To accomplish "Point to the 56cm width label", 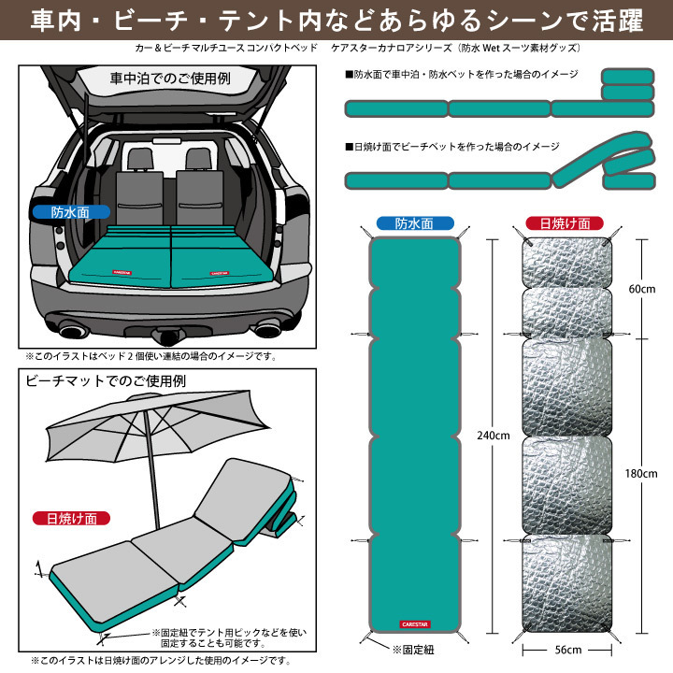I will [x=568, y=650].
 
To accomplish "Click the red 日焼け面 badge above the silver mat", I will [x=565, y=224].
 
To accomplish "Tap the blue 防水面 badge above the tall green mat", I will [x=414, y=224].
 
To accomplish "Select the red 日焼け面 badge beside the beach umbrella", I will [x=71, y=518].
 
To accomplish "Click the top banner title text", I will [x=336, y=19].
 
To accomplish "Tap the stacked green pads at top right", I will [x=629, y=85].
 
